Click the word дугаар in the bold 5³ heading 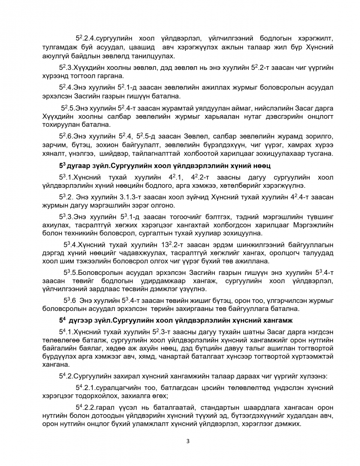point(81,166)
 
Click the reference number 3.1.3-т point(126,197)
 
